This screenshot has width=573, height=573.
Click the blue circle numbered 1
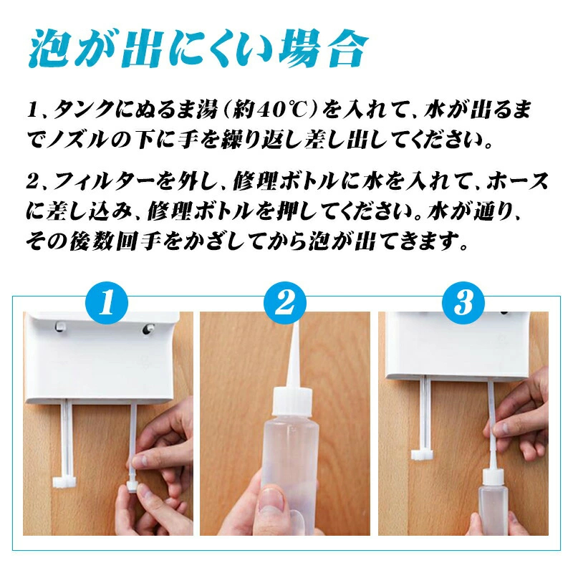pos(107,302)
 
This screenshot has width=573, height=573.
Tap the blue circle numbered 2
pos(285,302)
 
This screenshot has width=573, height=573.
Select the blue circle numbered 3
pos(463,302)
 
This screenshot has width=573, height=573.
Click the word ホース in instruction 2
pos(518,182)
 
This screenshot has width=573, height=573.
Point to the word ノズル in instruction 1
pos(79,139)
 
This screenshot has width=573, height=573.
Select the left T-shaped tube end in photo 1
pos(64,482)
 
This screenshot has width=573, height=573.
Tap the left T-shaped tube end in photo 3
pos(423,455)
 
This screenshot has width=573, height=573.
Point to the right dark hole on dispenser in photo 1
pos(148,329)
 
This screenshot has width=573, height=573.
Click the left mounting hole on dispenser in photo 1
pos(59,325)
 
